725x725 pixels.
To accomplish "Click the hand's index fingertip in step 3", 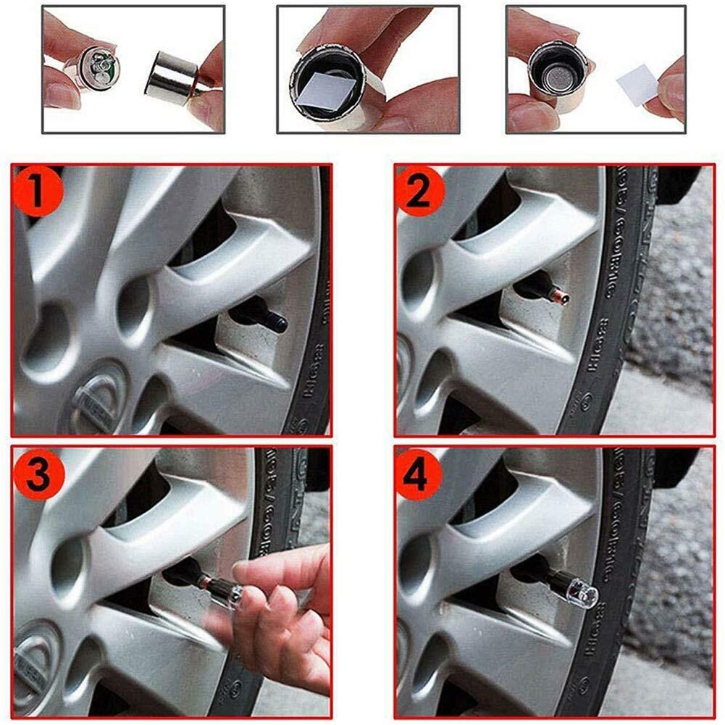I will coord(243,572).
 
